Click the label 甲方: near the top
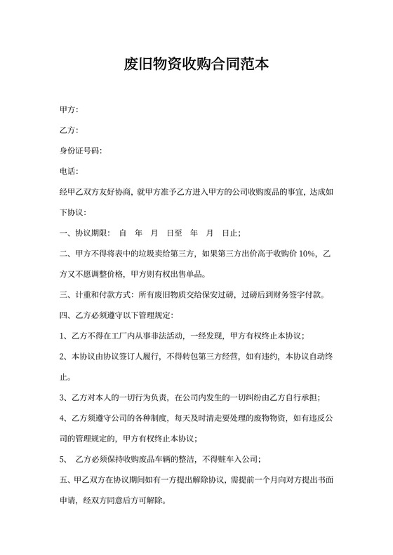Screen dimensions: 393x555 coord(69,109)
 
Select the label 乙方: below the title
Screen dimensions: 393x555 coord(69,130)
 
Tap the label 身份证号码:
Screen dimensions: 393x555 coord(81,151)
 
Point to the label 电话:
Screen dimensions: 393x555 coord(69,171)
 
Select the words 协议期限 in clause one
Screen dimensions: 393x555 coord(92,233)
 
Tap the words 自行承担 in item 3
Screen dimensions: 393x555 coord(298,397)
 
